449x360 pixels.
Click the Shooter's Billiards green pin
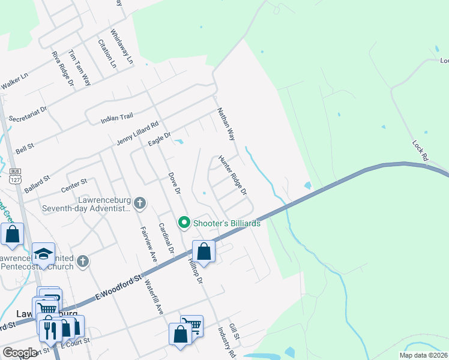pyautogui.click(x=184, y=223)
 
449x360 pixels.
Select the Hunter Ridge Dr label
pyautogui.click(x=232, y=175)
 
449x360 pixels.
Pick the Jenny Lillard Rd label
pyautogui.click(x=137, y=134)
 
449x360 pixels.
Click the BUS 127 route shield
pyautogui.click(x=15, y=175)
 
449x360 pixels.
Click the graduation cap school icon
pyautogui.click(x=43, y=254)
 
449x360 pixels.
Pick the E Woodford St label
pyautogui.click(x=120, y=287)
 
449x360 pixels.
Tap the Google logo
pyautogui.click(x=20, y=353)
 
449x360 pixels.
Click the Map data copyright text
pyautogui.click(x=423, y=355)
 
